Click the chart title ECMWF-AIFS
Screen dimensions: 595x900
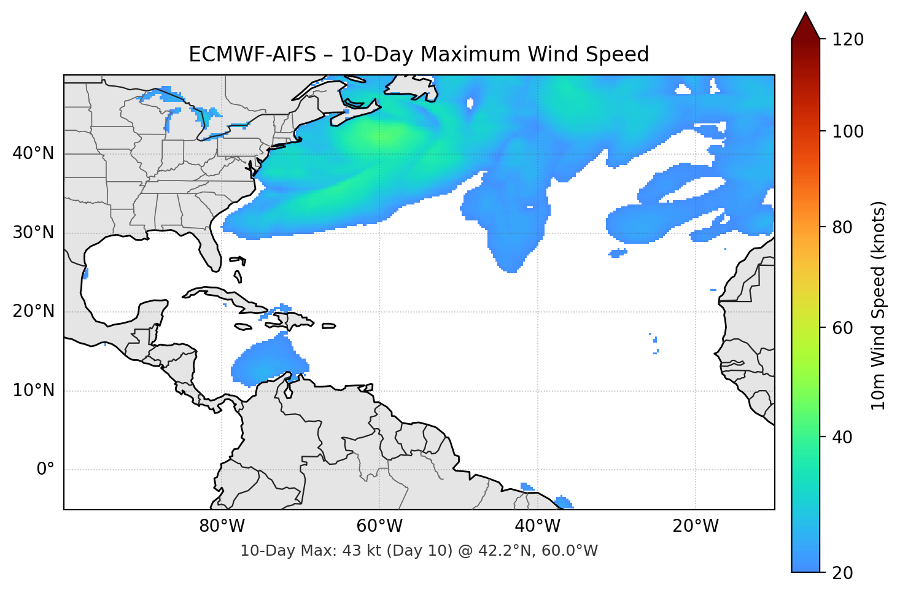[419, 55]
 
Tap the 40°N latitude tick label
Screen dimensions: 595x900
[33, 154]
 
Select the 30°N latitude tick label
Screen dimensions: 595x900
[33, 233]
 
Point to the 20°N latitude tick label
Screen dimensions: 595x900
[33, 311]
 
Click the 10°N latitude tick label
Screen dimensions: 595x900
[33, 391]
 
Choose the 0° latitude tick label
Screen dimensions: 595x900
[45, 470]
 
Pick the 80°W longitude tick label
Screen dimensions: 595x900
[222, 526]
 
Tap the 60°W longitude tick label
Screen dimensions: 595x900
[380, 526]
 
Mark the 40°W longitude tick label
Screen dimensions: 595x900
[538, 526]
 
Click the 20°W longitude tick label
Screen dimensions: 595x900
[696, 526]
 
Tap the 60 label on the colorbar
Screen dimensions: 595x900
[842, 328]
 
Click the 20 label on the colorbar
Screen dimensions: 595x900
[842, 573]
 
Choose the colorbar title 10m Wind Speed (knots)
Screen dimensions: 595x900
[879, 305]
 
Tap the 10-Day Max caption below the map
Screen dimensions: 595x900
[419, 551]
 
